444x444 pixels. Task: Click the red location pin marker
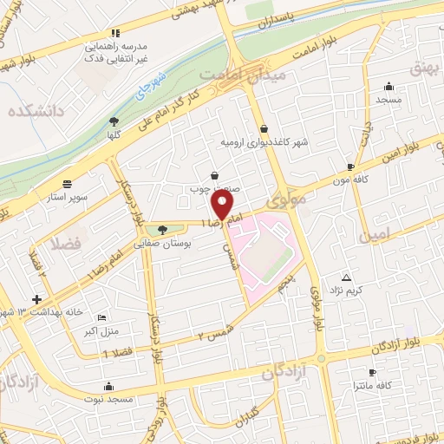coord(223,206)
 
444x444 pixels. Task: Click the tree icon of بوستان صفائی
coord(163,230)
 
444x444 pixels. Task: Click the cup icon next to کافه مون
coord(350,166)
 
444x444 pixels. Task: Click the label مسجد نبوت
coord(108,399)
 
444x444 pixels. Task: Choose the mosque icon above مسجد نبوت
coord(108,387)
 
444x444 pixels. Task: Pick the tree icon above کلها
coord(114,122)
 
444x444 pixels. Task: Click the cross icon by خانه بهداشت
coord(36,298)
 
